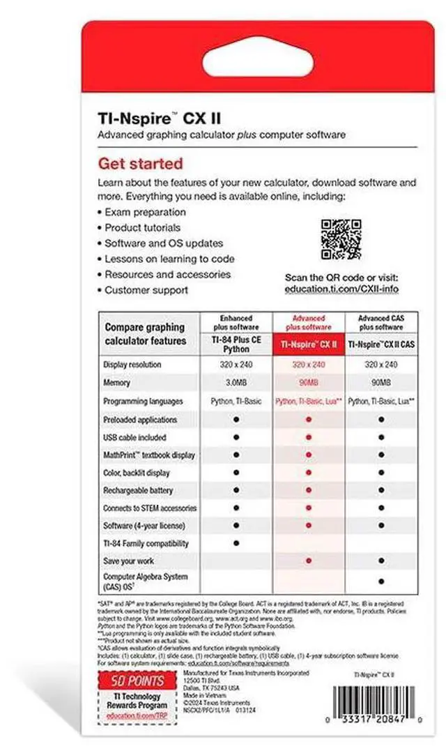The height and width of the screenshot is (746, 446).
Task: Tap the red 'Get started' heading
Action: [x=140, y=164]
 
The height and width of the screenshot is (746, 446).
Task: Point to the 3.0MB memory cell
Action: [x=236, y=383]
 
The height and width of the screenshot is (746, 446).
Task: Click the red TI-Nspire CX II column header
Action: [x=309, y=344]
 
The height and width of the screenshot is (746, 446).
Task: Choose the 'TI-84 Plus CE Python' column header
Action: [x=236, y=344]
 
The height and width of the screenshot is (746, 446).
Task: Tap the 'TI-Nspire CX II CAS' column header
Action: [x=381, y=344]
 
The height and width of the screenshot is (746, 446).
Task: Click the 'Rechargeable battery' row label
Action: [x=137, y=490]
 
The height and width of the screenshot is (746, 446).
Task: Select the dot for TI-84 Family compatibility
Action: [x=236, y=542]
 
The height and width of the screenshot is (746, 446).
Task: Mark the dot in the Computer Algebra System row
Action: [x=381, y=581]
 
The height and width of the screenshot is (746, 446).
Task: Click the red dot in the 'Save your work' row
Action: [x=308, y=561]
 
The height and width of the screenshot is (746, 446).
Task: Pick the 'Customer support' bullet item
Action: [x=146, y=290]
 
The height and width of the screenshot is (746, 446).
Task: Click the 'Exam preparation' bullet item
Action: [x=145, y=212]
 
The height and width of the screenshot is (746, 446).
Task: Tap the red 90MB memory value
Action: [x=308, y=383]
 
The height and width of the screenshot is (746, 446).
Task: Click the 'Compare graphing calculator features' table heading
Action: [x=145, y=334]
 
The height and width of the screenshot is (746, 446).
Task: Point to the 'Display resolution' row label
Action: [x=132, y=365]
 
